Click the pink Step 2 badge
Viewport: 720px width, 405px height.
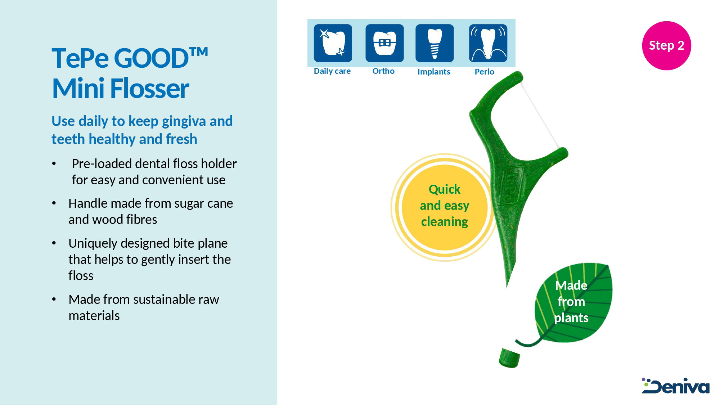tap(666, 45)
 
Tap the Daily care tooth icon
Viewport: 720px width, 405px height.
tap(333, 43)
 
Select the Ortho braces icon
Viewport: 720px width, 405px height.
tap(384, 43)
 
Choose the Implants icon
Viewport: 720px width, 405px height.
tap(435, 43)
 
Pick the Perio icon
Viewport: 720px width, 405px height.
tap(488, 43)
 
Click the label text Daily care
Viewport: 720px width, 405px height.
tap(332, 71)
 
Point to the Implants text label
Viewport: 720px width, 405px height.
tap(434, 72)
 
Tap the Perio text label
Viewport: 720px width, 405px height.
tap(484, 72)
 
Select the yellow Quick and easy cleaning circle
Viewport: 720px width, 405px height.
tap(445, 207)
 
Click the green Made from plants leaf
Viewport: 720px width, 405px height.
tap(572, 303)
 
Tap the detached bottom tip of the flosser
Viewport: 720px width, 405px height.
tap(509, 358)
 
